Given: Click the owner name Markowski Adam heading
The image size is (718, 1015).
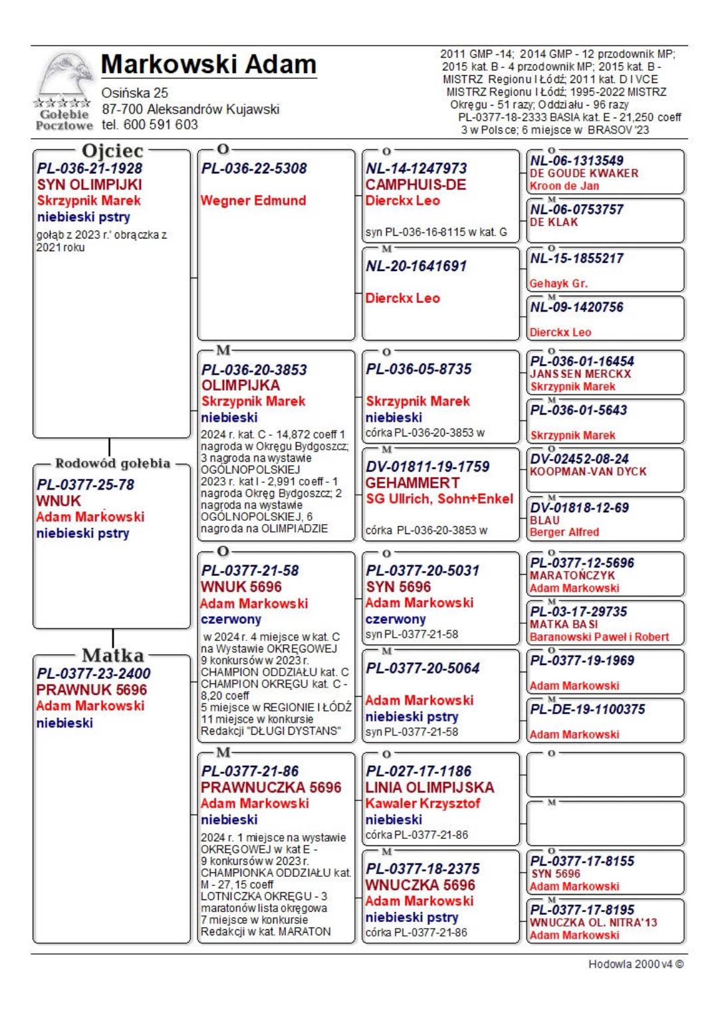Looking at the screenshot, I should [x=208, y=64].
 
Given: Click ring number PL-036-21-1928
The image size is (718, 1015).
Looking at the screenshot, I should [x=89, y=169].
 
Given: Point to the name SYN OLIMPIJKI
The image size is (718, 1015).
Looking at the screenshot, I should [x=89, y=185].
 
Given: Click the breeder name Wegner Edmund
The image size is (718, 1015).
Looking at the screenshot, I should [x=253, y=201].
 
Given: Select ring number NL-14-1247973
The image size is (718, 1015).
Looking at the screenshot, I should [x=416, y=169].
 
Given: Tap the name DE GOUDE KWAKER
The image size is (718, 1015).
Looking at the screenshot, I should [x=584, y=173].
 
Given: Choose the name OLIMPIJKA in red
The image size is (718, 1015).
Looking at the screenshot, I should [x=241, y=385].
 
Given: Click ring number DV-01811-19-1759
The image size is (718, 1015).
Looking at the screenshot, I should [x=427, y=467].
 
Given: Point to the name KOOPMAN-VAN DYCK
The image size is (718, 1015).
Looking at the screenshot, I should [x=588, y=472].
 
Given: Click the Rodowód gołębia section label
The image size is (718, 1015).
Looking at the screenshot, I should [x=112, y=464].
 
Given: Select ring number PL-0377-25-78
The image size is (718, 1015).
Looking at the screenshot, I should [x=85, y=485].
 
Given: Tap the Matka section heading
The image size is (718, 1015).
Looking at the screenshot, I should [x=112, y=656].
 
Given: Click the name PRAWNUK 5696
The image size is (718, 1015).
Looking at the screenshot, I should [x=91, y=690].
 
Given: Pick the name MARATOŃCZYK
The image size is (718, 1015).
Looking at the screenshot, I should [x=572, y=576].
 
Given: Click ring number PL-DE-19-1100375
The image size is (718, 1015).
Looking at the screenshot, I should [x=587, y=709].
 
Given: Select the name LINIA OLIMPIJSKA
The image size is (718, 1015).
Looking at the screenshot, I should [x=429, y=788].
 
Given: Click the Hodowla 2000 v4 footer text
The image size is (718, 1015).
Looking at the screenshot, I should [x=636, y=964].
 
